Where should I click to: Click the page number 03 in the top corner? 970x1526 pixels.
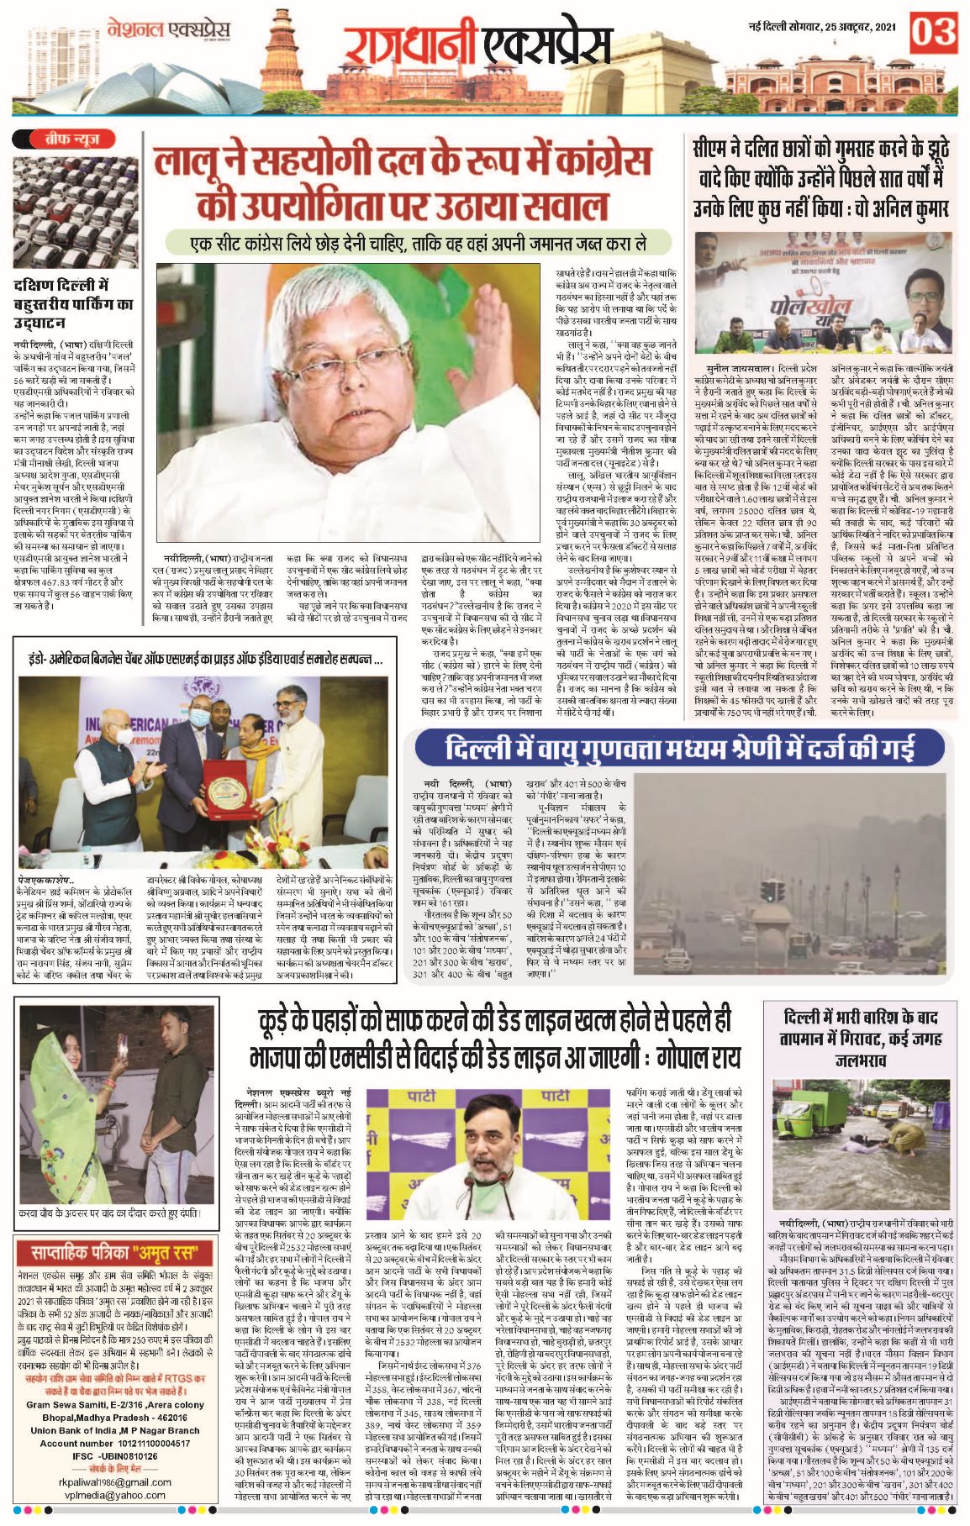pos(933,34)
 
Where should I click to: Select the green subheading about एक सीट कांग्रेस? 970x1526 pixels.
pos(418,244)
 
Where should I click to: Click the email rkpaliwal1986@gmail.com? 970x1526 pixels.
pos(115,1483)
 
